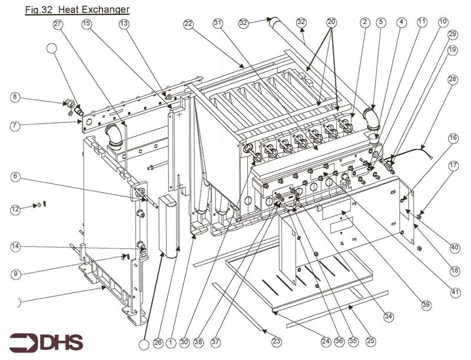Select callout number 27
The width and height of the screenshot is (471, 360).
[58, 24]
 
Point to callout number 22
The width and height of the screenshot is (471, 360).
[188, 24]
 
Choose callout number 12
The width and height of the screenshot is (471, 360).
[15, 209]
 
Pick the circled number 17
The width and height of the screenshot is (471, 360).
[453, 166]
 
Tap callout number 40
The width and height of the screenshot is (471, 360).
[454, 248]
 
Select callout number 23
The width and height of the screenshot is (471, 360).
[276, 341]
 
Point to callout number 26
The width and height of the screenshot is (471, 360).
[157, 341]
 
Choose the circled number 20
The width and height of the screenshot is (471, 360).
[331, 22]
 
